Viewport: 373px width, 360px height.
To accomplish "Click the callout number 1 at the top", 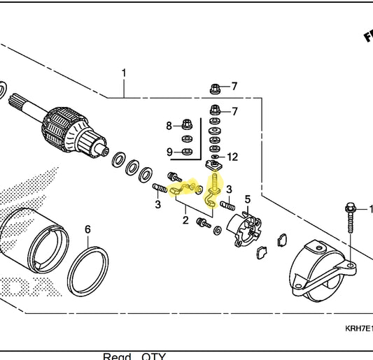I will (x=125, y=73).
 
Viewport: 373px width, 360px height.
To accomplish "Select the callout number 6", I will (x=87, y=229).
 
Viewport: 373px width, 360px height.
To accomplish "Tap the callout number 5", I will (x=247, y=201).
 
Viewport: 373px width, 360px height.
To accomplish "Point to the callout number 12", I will (x=233, y=157).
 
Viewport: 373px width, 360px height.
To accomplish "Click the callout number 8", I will (x=169, y=126).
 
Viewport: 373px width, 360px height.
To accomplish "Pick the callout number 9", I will (x=169, y=151).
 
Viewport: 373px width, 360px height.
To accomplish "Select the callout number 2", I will (x=185, y=220).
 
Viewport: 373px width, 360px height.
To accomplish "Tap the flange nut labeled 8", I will (x=187, y=126).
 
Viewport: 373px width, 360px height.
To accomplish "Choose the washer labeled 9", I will (x=187, y=151).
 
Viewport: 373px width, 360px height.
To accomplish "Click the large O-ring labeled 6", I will (x=88, y=266).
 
